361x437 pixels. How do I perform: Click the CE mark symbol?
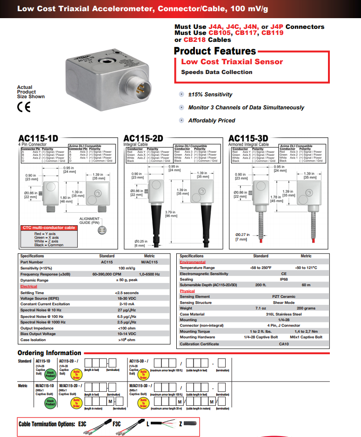(x=23, y=107)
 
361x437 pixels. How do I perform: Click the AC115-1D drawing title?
(x=38, y=138)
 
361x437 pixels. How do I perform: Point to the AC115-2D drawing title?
(x=143, y=138)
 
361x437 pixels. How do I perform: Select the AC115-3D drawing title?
(x=248, y=138)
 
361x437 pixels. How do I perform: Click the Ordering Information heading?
(x=49, y=353)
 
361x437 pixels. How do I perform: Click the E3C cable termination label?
(x=82, y=424)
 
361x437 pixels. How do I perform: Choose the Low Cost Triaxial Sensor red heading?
(x=232, y=61)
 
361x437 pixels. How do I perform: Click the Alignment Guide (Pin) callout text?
(x=89, y=221)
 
